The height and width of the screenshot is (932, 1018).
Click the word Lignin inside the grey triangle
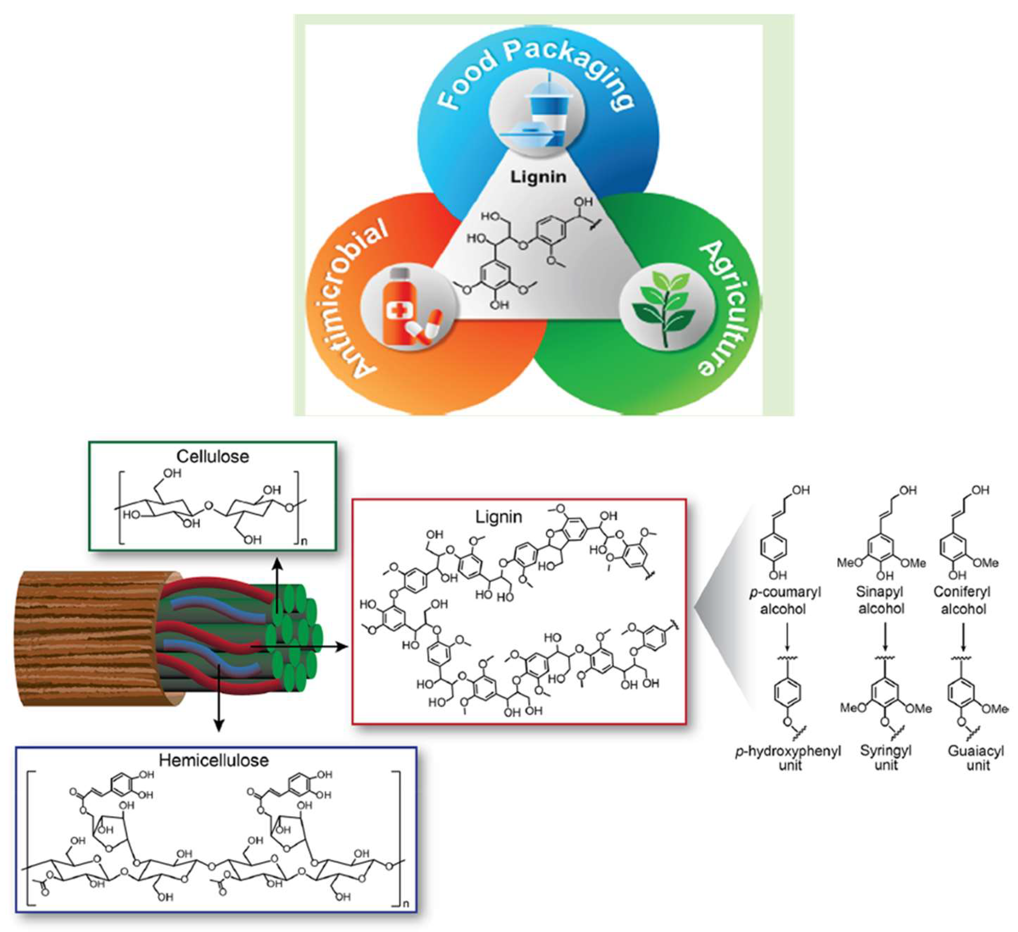[x=538, y=177]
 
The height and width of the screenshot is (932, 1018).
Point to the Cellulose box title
[x=213, y=456]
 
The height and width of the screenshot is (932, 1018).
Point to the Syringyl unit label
[x=886, y=757]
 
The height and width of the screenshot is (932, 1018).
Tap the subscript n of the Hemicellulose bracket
[x=406, y=904]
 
